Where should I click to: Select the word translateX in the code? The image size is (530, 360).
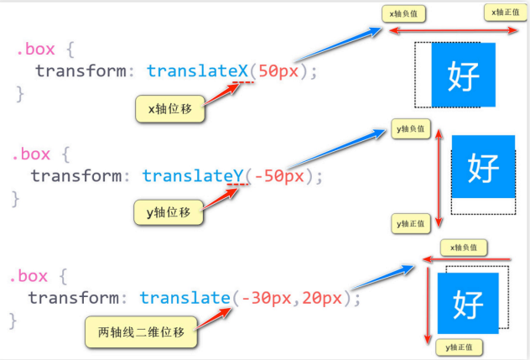(x=198, y=71)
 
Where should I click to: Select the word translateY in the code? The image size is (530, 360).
(x=193, y=175)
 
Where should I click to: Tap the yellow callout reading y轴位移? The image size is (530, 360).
(x=169, y=213)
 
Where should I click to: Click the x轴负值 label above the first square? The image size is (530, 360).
(x=405, y=13)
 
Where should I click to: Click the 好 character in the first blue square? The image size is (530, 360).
(x=464, y=76)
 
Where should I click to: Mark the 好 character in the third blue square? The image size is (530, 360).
(x=468, y=300)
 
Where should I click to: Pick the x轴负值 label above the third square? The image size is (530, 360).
(x=464, y=248)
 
